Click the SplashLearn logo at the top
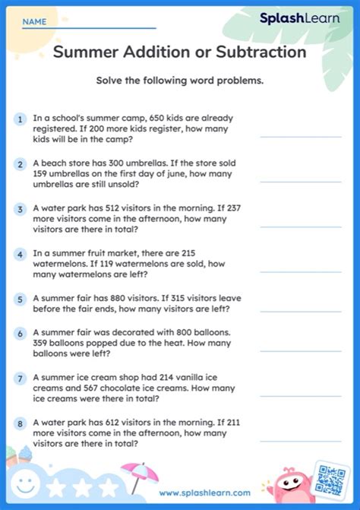[300, 18]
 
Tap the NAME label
[33, 23]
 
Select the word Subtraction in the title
[262, 52]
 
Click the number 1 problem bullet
[19, 119]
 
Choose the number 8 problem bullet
[19, 423]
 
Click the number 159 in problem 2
[43, 173]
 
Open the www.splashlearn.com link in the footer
[204, 493]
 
